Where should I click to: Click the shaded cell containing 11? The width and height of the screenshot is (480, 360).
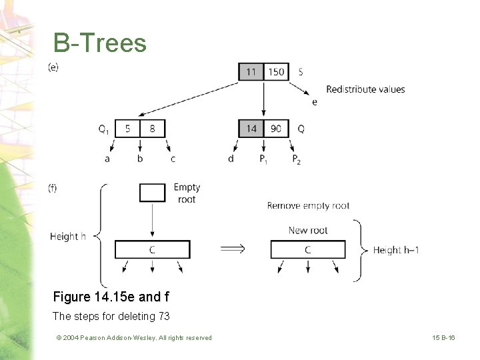[251, 72]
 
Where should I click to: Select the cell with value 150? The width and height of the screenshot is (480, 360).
[276, 72]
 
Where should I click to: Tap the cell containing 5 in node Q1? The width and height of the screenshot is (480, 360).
[127, 129]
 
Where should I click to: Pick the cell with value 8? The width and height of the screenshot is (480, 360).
[153, 129]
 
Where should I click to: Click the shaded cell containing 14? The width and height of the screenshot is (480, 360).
[251, 129]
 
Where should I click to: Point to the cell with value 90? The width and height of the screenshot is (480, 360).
[276, 129]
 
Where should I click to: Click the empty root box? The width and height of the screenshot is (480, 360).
[153, 193]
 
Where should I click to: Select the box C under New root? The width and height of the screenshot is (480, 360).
[308, 249]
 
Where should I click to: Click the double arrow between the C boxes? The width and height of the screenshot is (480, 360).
[233, 248]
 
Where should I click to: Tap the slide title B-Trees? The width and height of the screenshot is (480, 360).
[100, 43]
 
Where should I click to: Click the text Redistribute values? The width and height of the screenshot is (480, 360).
[365, 89]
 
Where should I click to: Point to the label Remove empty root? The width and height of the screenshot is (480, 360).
[308, 206]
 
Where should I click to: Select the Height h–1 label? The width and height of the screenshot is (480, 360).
[396, 250]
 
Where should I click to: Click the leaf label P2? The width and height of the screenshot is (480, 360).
[296, 159]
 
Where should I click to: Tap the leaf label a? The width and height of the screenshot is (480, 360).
[107, 159]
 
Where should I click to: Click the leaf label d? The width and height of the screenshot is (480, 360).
[231, 158]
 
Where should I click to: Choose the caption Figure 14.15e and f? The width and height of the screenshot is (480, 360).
[111, 297]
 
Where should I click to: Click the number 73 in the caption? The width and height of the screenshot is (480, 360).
[164, 316]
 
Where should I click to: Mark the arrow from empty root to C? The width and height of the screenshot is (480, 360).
[153, 219]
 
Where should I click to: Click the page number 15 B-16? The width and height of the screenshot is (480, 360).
[443, 337]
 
